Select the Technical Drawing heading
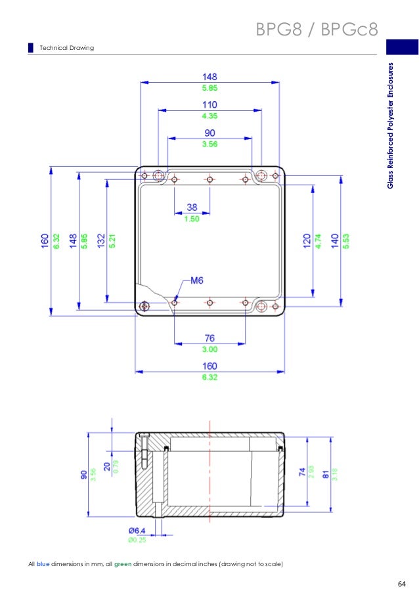67,49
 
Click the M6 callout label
196,280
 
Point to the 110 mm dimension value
209,105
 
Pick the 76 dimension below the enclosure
209,338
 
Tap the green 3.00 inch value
209,349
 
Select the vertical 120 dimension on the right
306,241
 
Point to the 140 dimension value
335,241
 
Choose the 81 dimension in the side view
327,472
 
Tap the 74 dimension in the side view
301,472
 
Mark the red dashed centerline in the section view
209,473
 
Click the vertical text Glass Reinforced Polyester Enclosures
390,125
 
